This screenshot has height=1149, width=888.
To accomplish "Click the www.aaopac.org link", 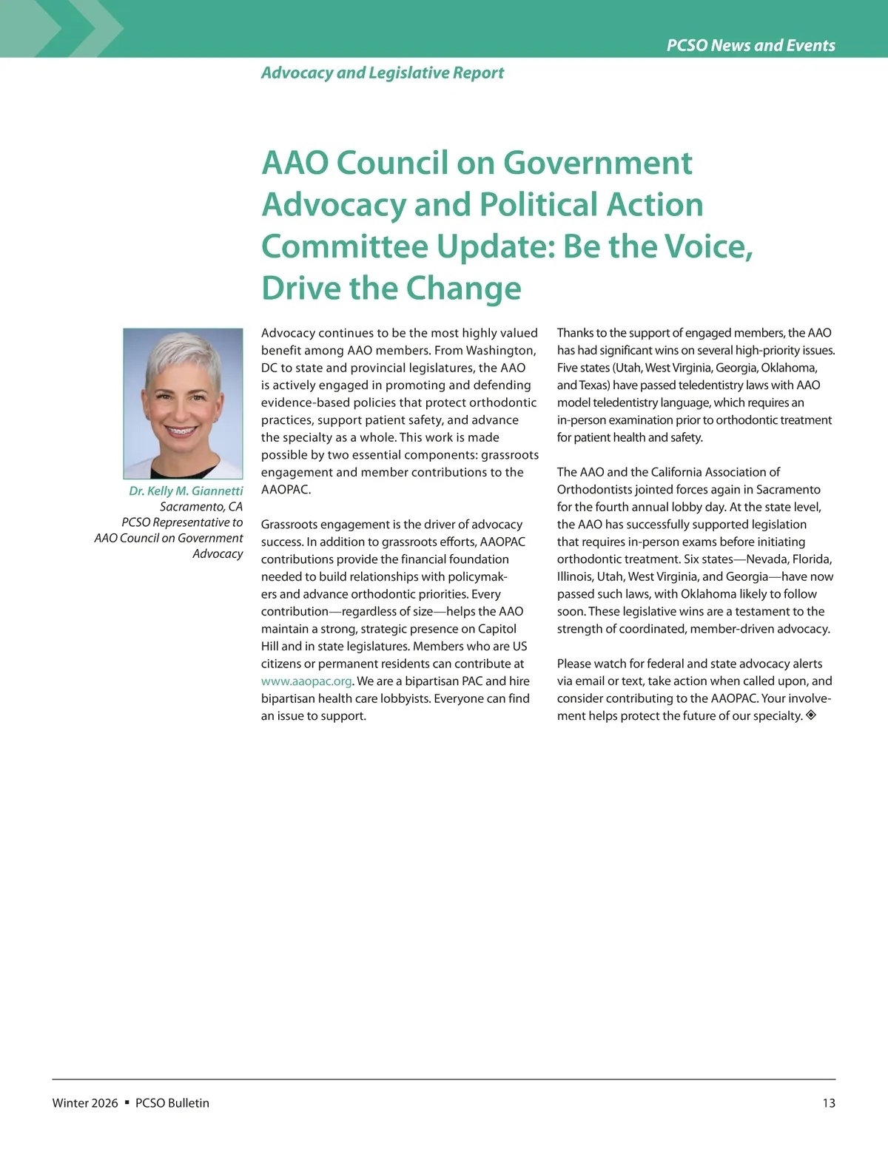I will coord(306,681).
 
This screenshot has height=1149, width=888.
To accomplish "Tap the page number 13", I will coord(828,1103).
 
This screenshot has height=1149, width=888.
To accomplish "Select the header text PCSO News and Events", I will coord(750,45).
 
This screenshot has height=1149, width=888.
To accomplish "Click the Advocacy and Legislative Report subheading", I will coord(382,73).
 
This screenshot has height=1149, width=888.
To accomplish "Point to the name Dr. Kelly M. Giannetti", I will coord(186,491).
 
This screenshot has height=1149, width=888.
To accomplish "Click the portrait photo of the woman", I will coord(183,403).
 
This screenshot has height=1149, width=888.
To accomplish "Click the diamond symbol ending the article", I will coord(811,715).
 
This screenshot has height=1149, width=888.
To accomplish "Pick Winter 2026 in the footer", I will coord(85,1103).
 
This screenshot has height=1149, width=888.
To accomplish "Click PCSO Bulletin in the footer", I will coord(172,1103).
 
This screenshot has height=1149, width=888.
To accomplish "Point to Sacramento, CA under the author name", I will coord(201,507).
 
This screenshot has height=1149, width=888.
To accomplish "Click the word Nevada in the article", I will coord(766,559).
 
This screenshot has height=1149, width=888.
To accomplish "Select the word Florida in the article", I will coord(812,559).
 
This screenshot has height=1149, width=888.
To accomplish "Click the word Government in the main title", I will coord(598,163).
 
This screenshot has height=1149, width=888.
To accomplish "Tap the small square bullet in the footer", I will coord(127,1102).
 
